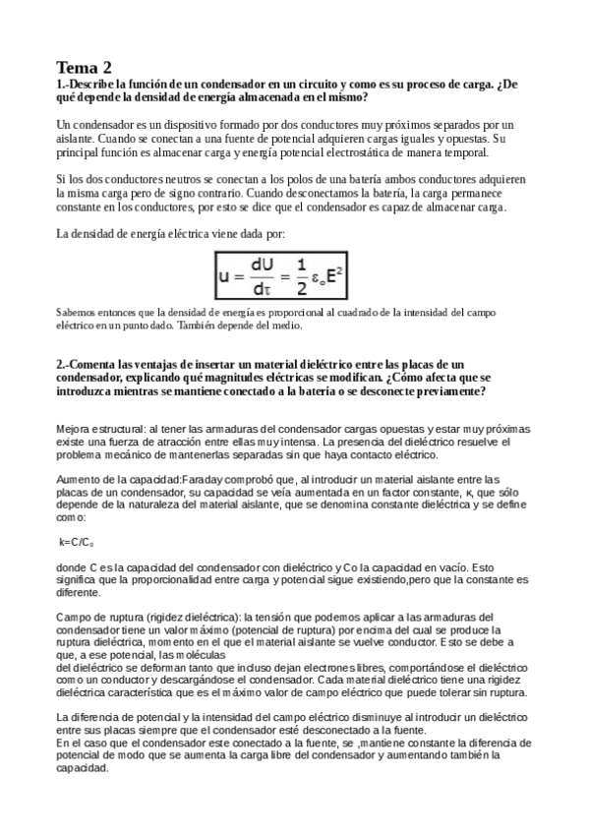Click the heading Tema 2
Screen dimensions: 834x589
(85, 68)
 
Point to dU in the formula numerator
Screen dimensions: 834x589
(263, 266)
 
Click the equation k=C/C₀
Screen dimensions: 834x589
(78, 542)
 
